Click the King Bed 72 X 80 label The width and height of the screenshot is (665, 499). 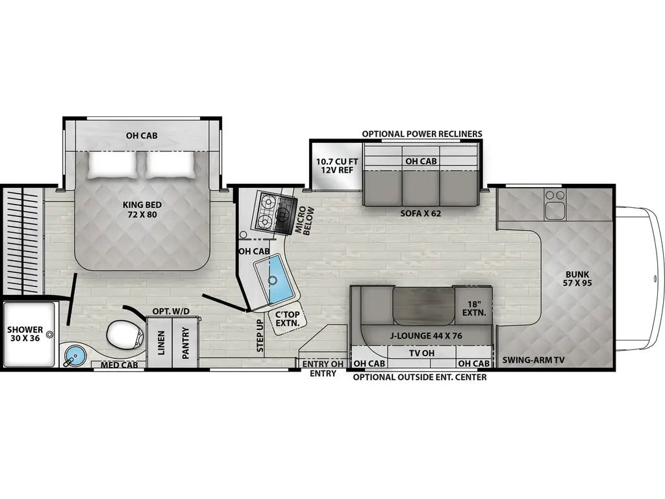[142, 210]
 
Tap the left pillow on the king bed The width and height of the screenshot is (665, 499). [113, 165]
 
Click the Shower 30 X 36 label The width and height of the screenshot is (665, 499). [25, 334]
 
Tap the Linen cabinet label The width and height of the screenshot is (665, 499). [161, 343]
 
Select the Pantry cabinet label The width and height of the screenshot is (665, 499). [185, 343]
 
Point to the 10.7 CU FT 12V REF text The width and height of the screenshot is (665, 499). [337, 166]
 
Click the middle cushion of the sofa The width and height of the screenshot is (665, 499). [421, 188]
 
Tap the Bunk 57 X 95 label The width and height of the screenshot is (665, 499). [577, 279]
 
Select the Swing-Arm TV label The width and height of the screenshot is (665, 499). [534, 360]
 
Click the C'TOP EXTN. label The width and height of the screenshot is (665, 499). [288, 318]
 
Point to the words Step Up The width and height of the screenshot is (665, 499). [260, 336]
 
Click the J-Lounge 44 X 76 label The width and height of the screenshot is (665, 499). [426, 336]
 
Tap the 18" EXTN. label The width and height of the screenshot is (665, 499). [473, 309]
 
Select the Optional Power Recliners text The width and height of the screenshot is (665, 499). [422, 134]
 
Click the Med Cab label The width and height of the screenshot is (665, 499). [119, 365]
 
